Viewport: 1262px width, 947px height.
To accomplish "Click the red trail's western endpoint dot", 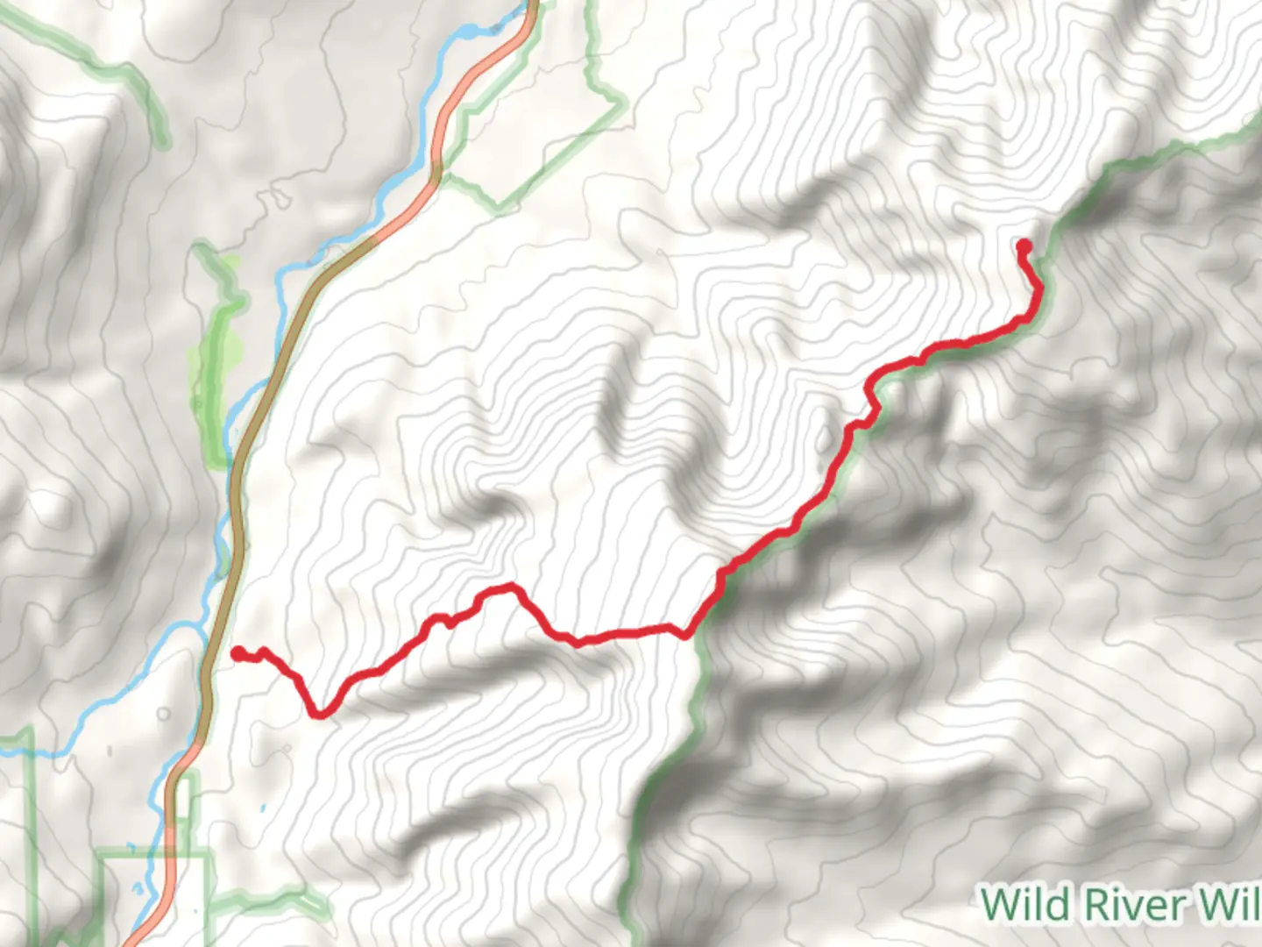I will [x=238, y=653].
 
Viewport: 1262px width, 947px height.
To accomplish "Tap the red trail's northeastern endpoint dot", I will [x=1023, y=246].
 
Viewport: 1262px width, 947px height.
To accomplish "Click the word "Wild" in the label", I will [x=1019, y=904].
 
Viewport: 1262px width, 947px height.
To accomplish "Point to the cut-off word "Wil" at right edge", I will [x=1230, y=904].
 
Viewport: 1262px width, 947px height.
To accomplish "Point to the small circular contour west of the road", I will [x=163, y=715].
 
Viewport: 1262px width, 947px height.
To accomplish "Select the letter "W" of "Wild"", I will [x=996, y=904].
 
